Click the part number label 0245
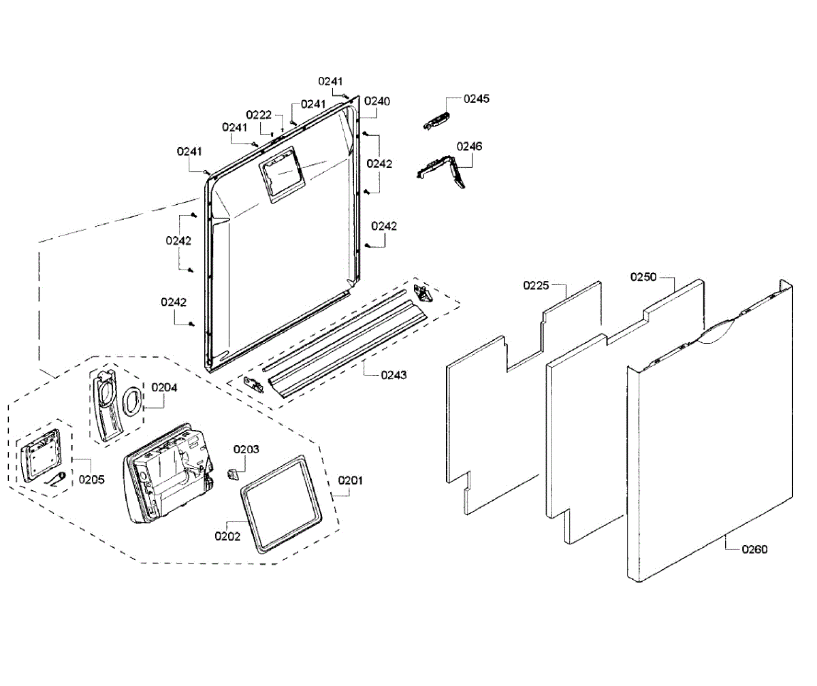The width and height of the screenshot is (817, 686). click(x=477, y=99)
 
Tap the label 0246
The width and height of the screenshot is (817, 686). click(x=469, y=146)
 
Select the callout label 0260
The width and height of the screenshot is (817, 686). click(x=754, y=549)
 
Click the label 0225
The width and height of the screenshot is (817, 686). click(x=536, y=285)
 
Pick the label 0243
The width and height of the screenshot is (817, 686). click(x=393, y=375)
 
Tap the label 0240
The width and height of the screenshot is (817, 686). click(x=377, y=101)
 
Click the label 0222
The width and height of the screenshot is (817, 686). click(x=259, y=114)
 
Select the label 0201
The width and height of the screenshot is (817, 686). click(x=351, y=480)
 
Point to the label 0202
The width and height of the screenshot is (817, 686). click(x=227, y=536)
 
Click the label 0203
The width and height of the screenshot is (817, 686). click(x=246, y=449)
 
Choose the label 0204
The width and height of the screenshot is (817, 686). click(x=164, y=387)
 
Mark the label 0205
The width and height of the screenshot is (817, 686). click(x=91, y=479)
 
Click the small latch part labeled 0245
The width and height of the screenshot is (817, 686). click(x=436, y=120)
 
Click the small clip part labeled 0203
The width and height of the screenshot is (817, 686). click(x=233, y=472)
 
